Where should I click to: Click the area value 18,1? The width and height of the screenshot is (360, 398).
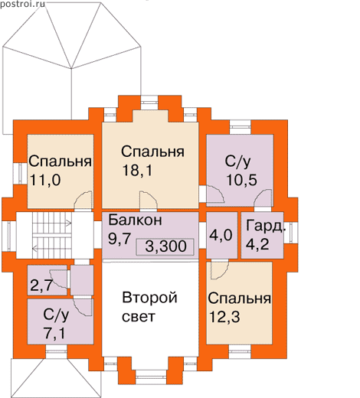tap(137, 170)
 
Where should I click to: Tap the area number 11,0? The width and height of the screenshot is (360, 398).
tap(45, 180)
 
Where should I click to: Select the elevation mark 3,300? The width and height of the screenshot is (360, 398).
tap(165, 246)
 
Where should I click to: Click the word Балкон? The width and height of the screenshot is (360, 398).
tap(135, 220)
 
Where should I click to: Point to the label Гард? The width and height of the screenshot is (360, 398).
tap(265, 226)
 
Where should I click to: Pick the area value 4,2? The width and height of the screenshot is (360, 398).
tap(257, 244)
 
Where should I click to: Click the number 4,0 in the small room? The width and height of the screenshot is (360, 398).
tap(221, 235)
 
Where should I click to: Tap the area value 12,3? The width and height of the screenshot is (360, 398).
tap(224, 317)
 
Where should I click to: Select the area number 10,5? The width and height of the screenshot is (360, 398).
tap(241, 180)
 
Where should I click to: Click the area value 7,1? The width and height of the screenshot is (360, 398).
tap(54, 334)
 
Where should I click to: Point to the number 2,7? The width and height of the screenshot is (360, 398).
tap(41, 285)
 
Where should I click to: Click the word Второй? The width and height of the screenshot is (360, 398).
tap(149, 298)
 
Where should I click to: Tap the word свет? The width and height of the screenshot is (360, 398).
tap(139, 317)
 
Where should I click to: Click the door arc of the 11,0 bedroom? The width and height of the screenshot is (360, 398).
tap(83, 201)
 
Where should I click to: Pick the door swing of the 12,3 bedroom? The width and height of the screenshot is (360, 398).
tap(219, 270)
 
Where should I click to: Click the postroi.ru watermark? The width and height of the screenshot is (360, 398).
tap(22, 4)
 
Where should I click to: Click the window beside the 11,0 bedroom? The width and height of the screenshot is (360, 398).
tap(20, 173)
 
